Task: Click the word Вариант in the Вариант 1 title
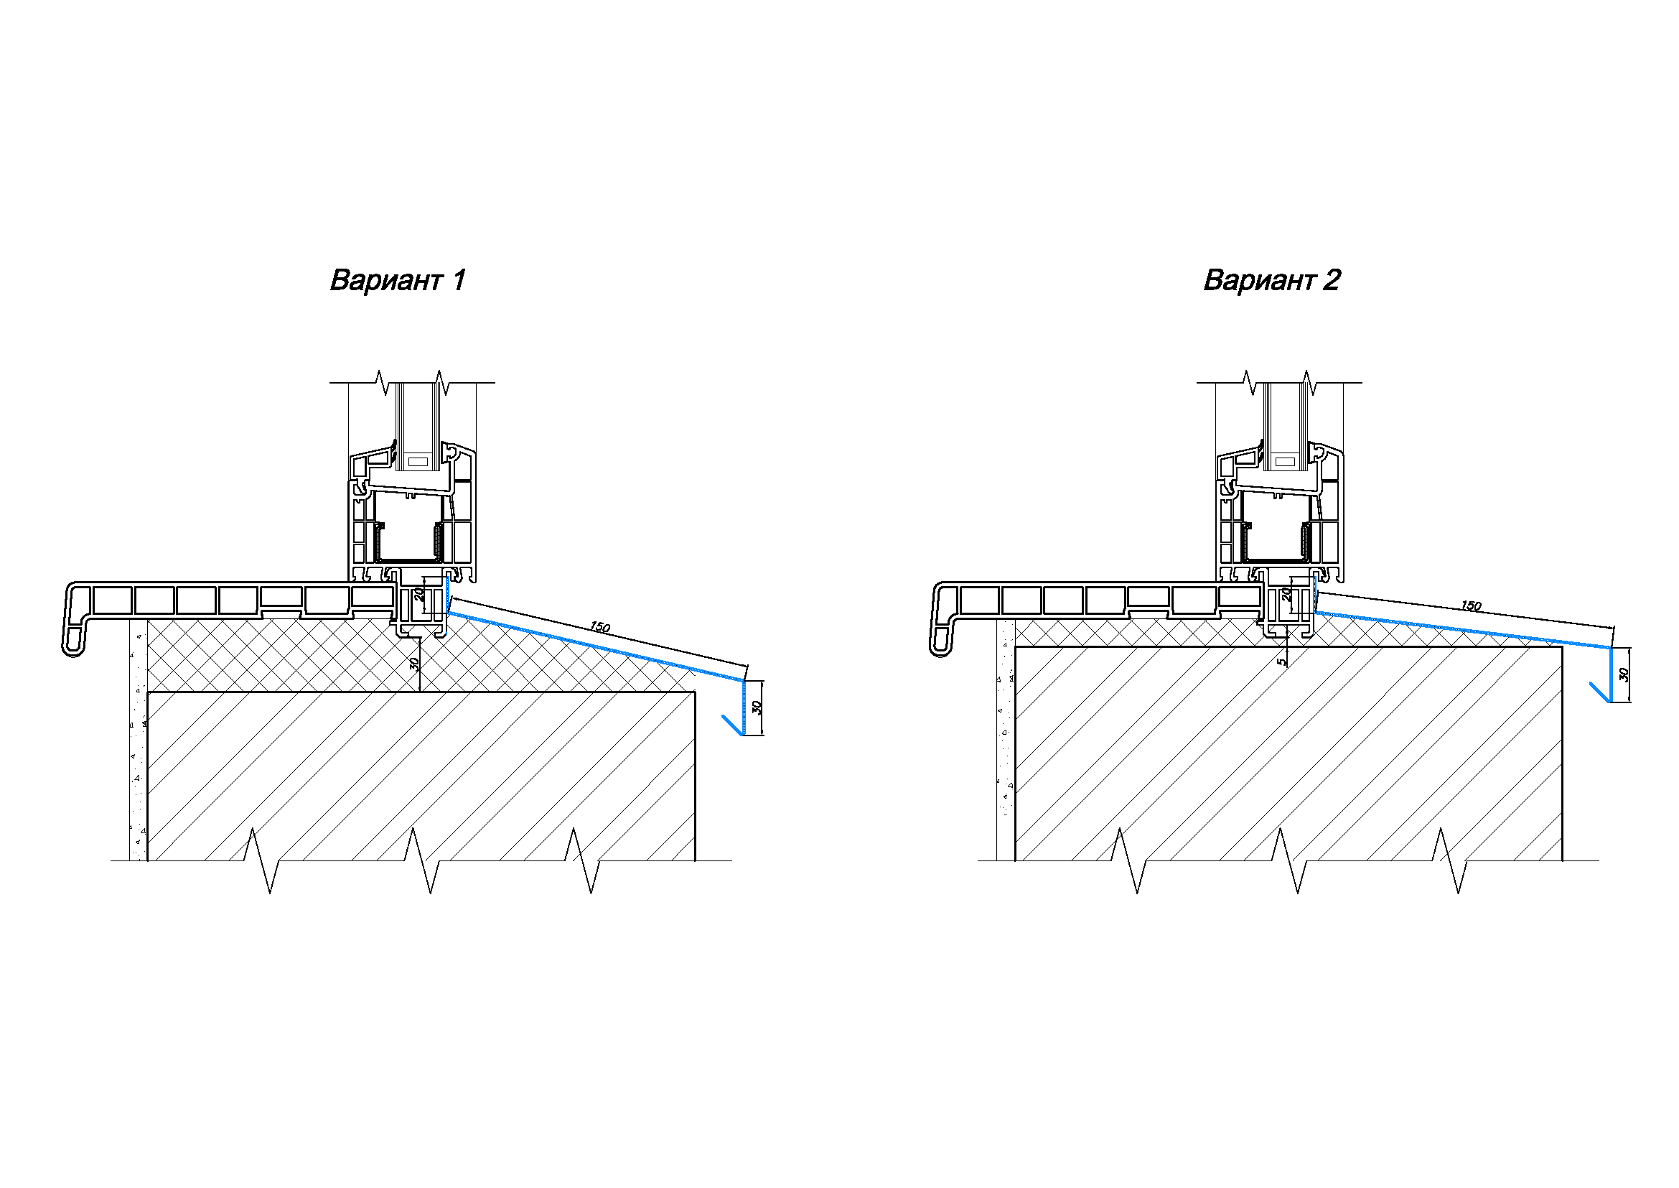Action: (386, 280)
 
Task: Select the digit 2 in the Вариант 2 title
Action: (1332, 280)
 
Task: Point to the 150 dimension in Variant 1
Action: (599, 627)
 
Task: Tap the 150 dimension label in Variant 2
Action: (1471, 605)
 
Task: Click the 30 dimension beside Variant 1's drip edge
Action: (757, 707)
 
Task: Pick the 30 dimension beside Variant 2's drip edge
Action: (1624, 674)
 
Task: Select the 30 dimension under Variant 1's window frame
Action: (414, 664)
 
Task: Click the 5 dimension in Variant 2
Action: (1281, 662)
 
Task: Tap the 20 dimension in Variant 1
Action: (420, 594)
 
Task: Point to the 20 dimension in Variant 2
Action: (1286, 594)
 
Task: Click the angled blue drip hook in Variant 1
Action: (733, 725)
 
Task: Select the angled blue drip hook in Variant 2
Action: (1600, 692)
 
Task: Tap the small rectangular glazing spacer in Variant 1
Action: (418, 462)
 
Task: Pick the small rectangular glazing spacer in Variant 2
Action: (1284, 462)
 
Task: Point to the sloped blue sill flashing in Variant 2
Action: (1462, 631)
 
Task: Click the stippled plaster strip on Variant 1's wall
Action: (139, 740)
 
